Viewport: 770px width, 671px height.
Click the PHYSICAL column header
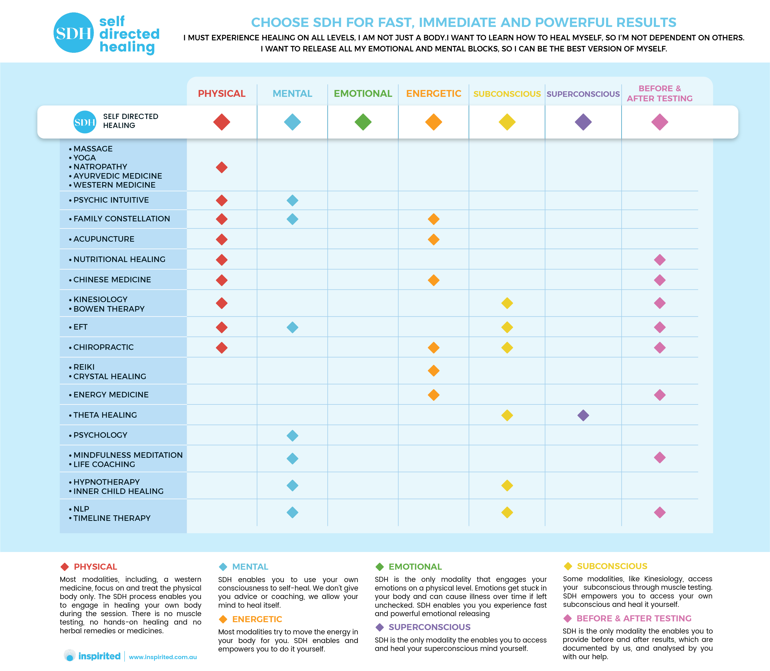click(222, 94)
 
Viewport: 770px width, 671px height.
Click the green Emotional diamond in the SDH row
click(363, 122)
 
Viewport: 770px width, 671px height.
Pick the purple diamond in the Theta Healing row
click(583, 415)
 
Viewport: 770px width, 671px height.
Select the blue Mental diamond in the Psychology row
click(292, 435)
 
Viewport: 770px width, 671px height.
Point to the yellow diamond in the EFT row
click(507, 327)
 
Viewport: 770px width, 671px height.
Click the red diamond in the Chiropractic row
click(222, 348)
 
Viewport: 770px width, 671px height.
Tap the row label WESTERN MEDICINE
click(114, 185)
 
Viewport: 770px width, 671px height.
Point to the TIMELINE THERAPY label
click(112, 518)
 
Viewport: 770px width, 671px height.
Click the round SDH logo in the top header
click(73, 33)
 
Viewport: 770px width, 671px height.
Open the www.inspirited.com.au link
click(163, 657)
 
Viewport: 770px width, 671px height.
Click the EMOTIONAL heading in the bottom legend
click(415, 567)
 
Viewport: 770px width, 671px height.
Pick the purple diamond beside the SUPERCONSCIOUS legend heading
click(380, 627)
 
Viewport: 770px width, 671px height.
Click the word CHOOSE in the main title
click(280, 22)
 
